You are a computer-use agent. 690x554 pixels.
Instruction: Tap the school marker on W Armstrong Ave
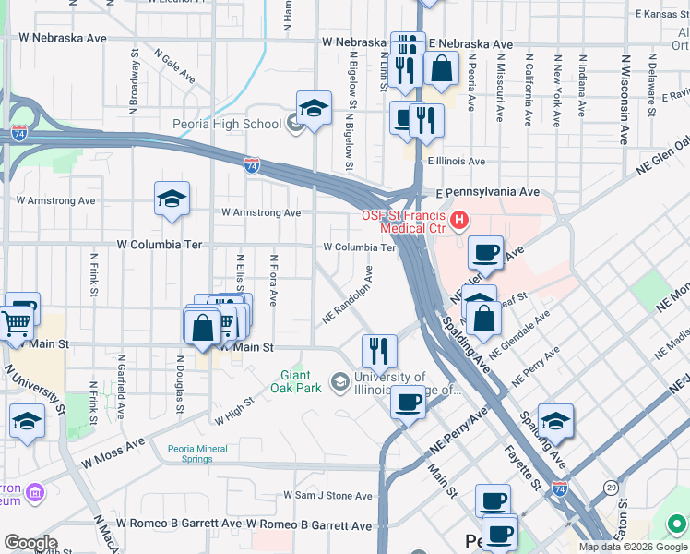[172, 199]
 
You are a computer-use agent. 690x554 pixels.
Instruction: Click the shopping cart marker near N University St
[17, 324]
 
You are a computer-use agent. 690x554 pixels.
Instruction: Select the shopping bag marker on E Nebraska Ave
[442, 68]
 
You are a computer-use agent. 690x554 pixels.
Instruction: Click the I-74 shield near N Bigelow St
[252, 165]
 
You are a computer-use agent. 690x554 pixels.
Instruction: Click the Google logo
[31, 542]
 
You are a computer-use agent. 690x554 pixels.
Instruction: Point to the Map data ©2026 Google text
[632, 547]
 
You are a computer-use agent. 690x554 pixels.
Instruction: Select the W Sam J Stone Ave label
[327, 496]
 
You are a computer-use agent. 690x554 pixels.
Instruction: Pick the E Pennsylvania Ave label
[487, 192]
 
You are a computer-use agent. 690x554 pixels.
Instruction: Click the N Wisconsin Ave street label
[624, 99]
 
